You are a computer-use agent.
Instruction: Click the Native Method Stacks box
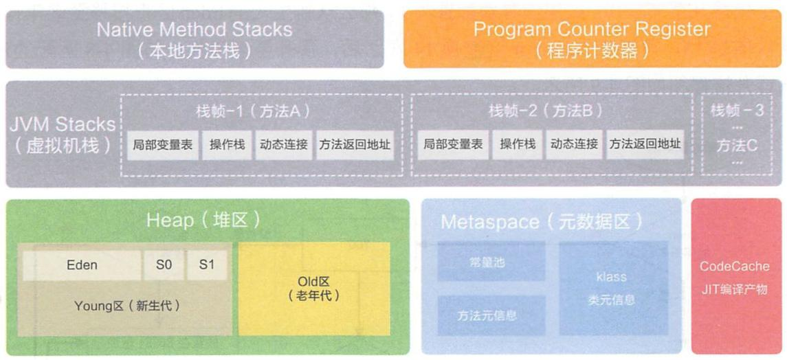pyautogui.click(x=195, y=39)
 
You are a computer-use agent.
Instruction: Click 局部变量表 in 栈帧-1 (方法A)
pyautogui.click(x=162, y=144)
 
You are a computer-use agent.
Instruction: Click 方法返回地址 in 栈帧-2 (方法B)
pyautogui.click(x=645, y=144)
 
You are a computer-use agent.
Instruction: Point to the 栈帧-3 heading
pyautogui.click(x=737, y=110)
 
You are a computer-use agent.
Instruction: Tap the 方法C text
pyautogui.click(x=737, y=145)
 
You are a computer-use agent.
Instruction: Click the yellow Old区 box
pyautogui.click(x=313, y=289)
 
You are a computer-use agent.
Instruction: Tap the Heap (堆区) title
pyautogui.click(x=203, y=221)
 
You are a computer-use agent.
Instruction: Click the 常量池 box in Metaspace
pyautogui.click(x=491, y=262)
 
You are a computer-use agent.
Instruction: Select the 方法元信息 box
pyautogui.click(x=491, y=315)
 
